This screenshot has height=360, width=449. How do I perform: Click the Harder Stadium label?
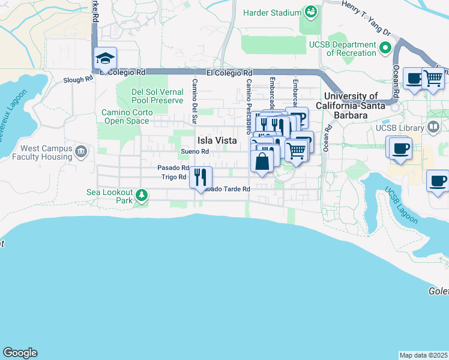271,13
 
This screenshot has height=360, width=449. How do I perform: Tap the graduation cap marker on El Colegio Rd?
105,59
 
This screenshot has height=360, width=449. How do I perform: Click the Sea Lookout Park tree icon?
141,194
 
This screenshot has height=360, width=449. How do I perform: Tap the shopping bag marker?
262,161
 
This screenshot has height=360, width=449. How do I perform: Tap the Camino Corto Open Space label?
125,116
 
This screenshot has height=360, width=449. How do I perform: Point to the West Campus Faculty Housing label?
46,152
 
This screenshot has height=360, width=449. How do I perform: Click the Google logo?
20,353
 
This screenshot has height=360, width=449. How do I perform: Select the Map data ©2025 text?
423,355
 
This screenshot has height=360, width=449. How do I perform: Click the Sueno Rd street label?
195,152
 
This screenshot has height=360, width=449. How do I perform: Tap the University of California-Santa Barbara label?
351,106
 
